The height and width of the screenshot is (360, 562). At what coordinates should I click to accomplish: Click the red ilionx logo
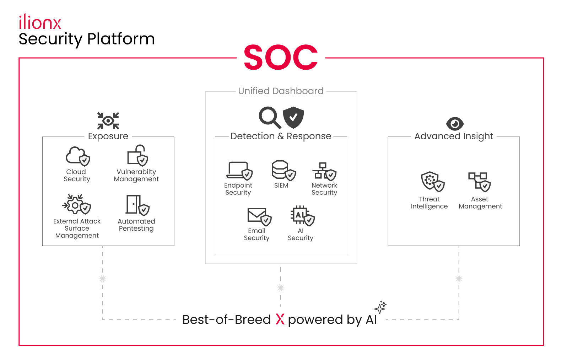(40, 22)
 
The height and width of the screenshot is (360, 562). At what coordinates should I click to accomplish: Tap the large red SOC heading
(281, 57)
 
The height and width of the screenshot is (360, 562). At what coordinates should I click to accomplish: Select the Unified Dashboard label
(281, 91)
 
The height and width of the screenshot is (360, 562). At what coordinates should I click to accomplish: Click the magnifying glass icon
(270, 118)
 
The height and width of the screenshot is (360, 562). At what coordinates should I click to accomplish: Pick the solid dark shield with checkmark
(293, 117)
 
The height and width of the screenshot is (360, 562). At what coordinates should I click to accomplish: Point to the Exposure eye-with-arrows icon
(108, 121)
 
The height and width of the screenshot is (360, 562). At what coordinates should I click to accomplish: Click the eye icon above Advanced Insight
(455, 124)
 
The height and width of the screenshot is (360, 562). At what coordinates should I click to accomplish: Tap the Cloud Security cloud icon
(78, 156)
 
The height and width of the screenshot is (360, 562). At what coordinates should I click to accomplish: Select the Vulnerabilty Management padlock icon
(137, 155)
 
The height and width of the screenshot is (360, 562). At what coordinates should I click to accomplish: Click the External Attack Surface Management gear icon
(76, 204)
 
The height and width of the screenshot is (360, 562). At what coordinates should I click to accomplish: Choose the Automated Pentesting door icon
(137, 205)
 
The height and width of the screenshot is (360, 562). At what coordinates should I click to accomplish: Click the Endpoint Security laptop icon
(239, 171)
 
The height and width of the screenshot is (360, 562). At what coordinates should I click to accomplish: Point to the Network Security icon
(324, 171)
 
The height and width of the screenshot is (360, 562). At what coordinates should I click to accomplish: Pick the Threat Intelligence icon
(433, 182)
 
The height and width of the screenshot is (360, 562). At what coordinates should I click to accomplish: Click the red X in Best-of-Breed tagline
(280, 319)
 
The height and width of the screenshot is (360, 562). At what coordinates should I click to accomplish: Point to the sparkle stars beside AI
(380, 307)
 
